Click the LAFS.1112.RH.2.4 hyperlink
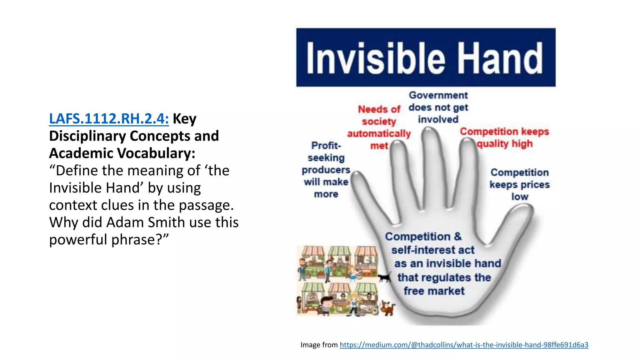109,119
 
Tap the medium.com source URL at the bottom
464,345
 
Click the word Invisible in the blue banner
375,58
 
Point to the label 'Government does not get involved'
438,107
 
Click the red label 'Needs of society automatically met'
379,127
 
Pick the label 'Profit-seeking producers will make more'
326,170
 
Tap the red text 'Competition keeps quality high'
504,137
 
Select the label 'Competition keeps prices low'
519,184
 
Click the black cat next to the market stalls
385,277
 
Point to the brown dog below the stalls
387,308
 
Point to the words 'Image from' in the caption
319,345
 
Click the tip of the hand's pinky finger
356,177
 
